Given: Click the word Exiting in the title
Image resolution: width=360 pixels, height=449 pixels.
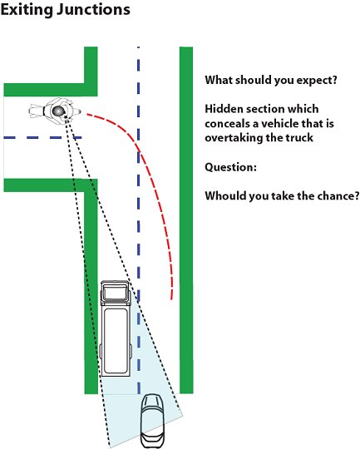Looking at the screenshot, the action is pos(27,10).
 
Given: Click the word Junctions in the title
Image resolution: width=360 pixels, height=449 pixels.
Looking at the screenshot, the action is pos(93,9).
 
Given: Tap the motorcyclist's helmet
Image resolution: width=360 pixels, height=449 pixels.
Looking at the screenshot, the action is pos(58,111).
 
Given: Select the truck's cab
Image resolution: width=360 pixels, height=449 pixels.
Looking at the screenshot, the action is pos(115,291).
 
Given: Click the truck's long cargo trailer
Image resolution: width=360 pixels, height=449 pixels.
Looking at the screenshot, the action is pos(116,339).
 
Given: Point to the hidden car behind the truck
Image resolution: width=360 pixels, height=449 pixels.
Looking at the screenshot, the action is pos(153,421).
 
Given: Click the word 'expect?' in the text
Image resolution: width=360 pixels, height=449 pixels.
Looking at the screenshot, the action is pos(317,81).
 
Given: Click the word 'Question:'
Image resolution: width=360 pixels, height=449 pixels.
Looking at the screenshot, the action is pos(230,167).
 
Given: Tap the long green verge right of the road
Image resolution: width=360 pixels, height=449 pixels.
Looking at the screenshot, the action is pos(186,220).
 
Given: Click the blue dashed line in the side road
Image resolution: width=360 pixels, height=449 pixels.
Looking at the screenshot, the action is pos(42,138).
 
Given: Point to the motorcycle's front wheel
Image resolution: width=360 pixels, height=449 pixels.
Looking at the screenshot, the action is pos(76,111).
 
